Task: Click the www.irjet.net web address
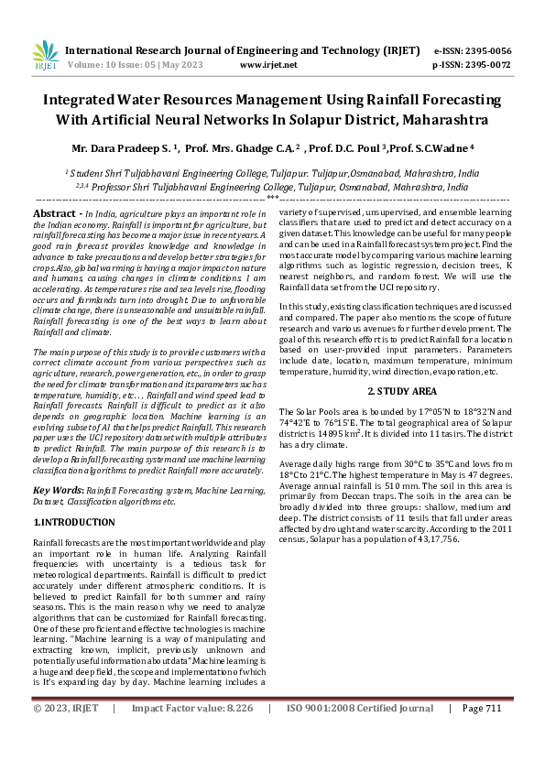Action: pos(267,65)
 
